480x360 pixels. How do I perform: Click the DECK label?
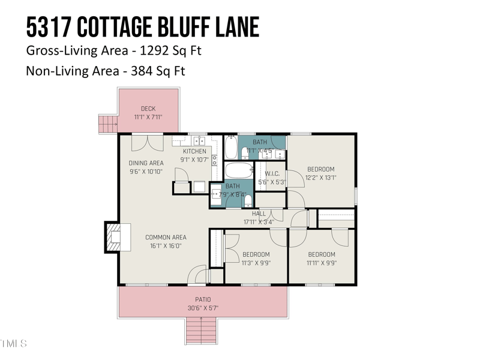(x=148, y=109)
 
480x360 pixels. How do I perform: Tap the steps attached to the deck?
(x=108, y=124)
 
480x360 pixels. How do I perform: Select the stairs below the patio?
(x=202, y=330)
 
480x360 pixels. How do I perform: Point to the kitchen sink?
(x=199, y=141)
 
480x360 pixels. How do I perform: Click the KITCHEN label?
(x=194, y=151)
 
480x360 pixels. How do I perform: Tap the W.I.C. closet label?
(x=272, y=174)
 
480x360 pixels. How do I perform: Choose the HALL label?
(x=259, y=214)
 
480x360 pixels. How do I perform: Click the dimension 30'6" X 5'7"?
(x=203, y=308)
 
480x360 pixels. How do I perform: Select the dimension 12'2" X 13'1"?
(x=321, y=178)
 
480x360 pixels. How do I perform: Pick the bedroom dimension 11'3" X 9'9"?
(x=256, y=263)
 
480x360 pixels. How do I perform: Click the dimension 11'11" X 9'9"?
(x=322, y=263)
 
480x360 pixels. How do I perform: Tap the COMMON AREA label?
(x=166, y=238)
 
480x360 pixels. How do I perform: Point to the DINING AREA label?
(x=146, y=163)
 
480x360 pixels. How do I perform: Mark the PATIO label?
(x=203, y=299)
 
